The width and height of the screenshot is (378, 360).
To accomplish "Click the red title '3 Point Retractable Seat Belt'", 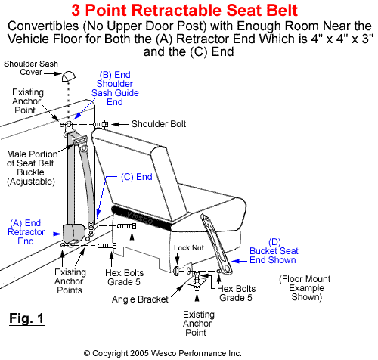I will tap(188, 11).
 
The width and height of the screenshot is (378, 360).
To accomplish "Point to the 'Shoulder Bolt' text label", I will tap(158, 124).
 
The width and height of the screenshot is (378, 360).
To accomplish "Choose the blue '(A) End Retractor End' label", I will tap(26, 231).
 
